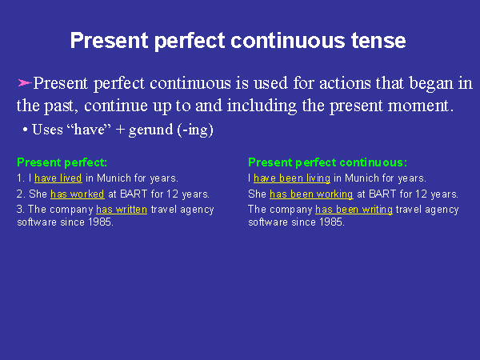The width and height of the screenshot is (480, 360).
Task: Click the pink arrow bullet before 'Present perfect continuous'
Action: [x=24, y=82]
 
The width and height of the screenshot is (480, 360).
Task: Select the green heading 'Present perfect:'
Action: [x=62, y=162]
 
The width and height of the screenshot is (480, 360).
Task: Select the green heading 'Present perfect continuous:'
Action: [x=327, y=162]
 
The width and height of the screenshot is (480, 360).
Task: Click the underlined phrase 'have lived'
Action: [x=58, y=178]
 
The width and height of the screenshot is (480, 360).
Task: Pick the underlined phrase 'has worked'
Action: [x=77, y=194]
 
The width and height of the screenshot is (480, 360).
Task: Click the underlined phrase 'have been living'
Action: [x=291, y=178]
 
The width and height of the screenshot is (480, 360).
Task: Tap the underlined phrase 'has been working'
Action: [x=311, y=194]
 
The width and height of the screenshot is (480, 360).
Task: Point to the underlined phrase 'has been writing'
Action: [x=354, y=210]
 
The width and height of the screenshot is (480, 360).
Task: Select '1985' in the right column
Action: [x=332, y=222]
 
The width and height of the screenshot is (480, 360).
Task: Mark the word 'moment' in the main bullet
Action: [x=422, y=106]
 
